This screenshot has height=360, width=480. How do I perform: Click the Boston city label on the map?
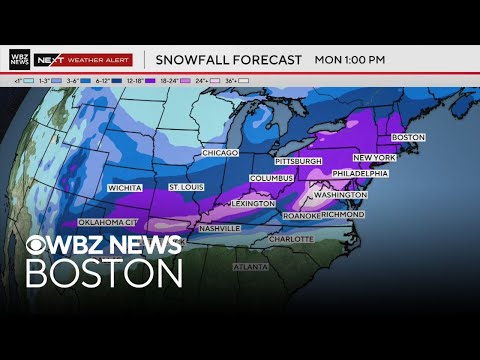tap(408, 137)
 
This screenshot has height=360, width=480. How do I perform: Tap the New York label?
tap(374, 159)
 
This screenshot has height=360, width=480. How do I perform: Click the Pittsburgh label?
tap(298, 161)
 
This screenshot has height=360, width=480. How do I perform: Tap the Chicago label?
tap(220, 153)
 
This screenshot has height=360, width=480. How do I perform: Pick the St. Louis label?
tap(186, 187)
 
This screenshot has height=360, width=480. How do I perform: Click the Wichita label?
tap(125, 187)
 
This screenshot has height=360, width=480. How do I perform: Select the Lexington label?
tap(254, 203)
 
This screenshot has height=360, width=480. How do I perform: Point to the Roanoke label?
tap(301, 216)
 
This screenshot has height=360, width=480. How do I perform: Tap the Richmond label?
tap(343, 214)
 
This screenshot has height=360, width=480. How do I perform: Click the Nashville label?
tap(219, 228)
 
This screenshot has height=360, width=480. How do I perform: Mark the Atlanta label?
tap(250, 267)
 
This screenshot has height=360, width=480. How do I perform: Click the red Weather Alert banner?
tap(98, 59)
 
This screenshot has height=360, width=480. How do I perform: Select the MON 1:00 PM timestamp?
tap(350, 60)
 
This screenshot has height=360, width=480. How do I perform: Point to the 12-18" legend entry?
tap(133, 77)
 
